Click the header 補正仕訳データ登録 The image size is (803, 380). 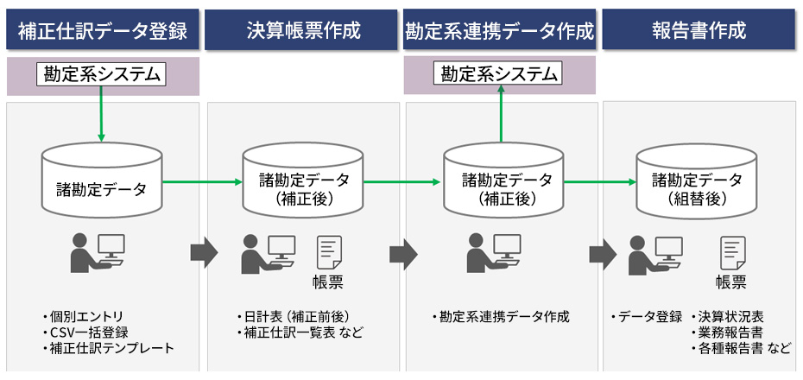pyautogui.click(x=103, y=32)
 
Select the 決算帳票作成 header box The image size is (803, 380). pyautogui.click(x=303, y=32)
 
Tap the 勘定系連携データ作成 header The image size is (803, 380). pyautogui.click(x=501, y=32)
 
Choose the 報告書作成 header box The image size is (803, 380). pyautogui.click(x=699, y=32)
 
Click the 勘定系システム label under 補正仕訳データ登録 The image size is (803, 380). pyautogui.click(x=103, y=74)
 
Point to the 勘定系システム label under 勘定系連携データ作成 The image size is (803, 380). pyautogui.click(x=500, y=74)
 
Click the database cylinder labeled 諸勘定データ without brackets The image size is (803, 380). pyautogui.click(x=103, y=183)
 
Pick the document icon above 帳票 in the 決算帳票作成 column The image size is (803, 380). pyautogui.click(x=329, y=253)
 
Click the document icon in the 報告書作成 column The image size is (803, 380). pyautogui.click(x=732, y=253)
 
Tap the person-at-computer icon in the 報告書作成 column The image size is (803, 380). pyautogui.click(x=656, y=252)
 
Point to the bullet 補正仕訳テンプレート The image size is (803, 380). pyautogui.click(x=111, y=348)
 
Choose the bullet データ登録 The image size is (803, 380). pyautogui.click(x=649, y=316)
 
